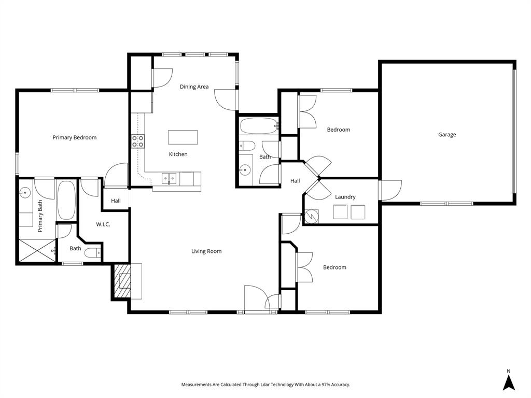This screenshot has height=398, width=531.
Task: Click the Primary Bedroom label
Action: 74,137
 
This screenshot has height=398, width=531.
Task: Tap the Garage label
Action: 447,135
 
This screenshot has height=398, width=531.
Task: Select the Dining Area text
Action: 194,87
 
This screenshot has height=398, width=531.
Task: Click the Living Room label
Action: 206,251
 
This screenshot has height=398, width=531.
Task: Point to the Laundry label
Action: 345,197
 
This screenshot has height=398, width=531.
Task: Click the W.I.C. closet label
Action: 103,224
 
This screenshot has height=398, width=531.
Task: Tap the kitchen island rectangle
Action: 183,137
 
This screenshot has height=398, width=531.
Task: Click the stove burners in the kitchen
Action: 137,141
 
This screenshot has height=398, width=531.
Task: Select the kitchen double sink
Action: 170,178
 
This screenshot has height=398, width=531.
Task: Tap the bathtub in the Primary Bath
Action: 66,200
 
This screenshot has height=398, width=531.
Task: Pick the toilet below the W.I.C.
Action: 92,253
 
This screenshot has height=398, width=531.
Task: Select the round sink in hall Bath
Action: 245,170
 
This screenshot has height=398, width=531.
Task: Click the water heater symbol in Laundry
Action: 312,215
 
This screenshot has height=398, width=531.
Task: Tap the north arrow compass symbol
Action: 509,382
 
